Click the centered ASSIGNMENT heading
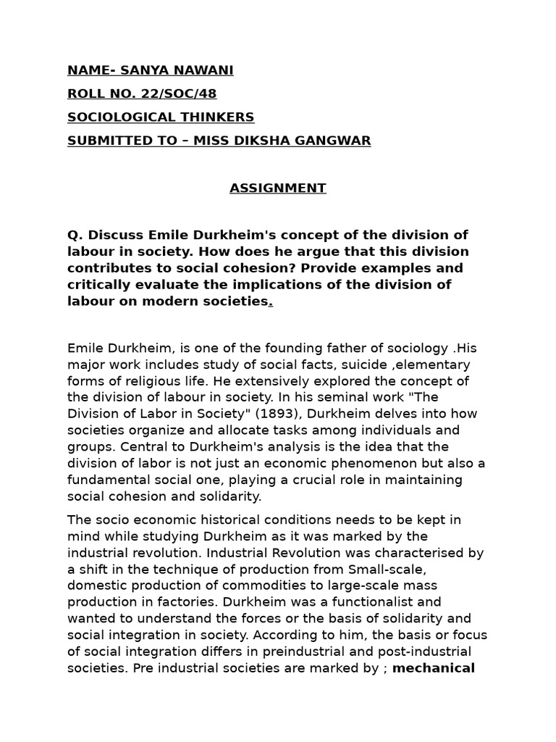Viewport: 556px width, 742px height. (x=278, y=188)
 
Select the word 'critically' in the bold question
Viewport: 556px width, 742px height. (x=98, y=285)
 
